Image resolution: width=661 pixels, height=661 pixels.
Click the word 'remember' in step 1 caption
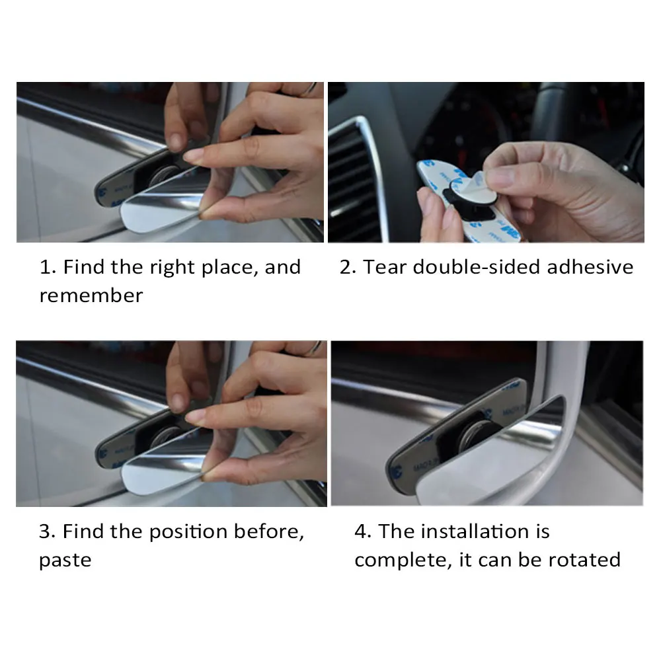(91, 295)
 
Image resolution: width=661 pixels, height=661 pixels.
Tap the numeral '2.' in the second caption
(348, 267)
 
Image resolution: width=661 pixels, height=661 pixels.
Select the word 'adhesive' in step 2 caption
(590, 267)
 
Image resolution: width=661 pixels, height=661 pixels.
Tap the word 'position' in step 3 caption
(188, 532)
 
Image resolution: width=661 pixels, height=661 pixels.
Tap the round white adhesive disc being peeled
(473, 188)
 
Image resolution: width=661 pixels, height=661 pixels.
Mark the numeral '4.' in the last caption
(363, 531)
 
